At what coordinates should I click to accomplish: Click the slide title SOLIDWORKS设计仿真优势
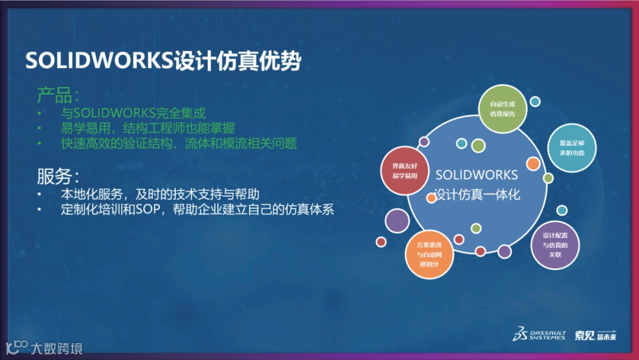click(x=163, y=61)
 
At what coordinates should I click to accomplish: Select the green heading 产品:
click(x=58, y=95)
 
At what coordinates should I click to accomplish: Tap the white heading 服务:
click(x=58, y=176)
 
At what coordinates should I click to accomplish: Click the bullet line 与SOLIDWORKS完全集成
click(x=133, y=112)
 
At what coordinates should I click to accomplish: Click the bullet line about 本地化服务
click(x=160, y=194)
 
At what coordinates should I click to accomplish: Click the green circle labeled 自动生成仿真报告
click(x=502, y=109)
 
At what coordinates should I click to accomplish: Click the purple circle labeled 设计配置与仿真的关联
click(x=554, y=245)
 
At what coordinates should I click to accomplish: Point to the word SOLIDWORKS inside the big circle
click(x=476, y=175)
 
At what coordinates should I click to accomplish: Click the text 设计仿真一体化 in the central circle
click(x=477, y=194)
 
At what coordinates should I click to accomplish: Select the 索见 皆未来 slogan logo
click(x=595, y=335)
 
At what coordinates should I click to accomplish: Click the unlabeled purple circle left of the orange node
click(x=397, y=221)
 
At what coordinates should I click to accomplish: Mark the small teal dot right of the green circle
click(x=535, y=102)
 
